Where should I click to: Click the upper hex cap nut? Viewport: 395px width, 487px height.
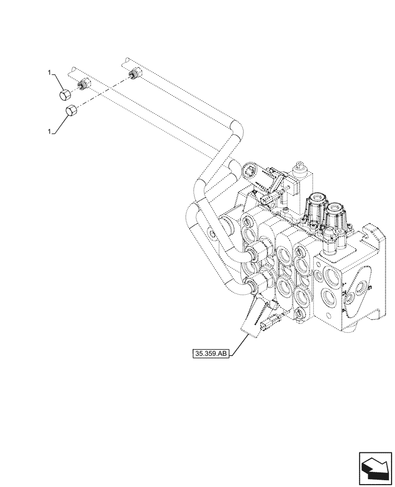click(x=64, y=94)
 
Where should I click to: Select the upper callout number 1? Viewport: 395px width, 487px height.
click(x=50, y=73)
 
